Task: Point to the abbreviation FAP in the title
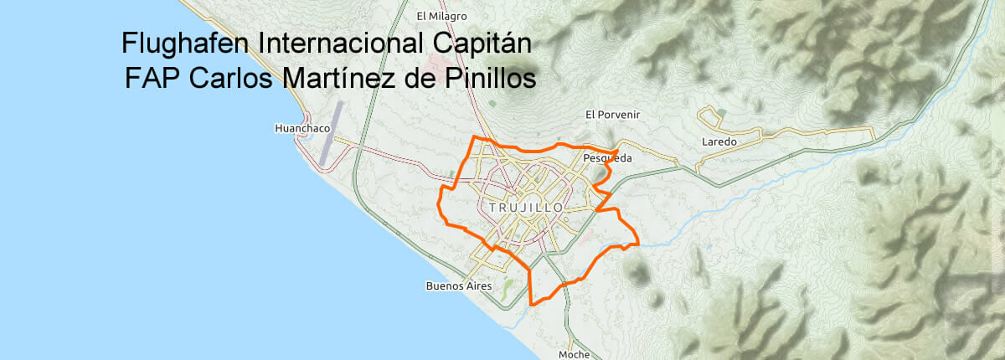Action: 153,79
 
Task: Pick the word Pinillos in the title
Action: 487,79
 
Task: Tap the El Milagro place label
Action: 441,16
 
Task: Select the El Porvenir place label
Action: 611,115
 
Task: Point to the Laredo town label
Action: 719,142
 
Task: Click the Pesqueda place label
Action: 606,157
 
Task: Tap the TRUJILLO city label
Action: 525,206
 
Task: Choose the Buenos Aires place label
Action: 458,285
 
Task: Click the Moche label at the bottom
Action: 574,354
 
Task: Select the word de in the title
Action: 420,79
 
